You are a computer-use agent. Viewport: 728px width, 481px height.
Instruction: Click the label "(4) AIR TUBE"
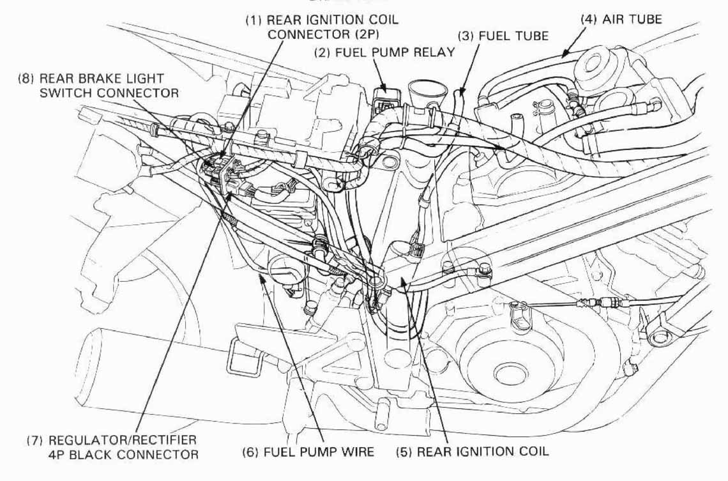click(x=621, y=19)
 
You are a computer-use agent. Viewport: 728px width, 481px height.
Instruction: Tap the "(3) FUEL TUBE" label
click(x=504, y=36)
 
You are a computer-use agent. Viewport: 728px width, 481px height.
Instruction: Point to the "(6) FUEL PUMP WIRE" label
click(x=308, y=452)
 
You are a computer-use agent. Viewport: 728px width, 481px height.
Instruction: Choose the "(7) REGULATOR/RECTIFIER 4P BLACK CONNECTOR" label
click(x=111, y=448)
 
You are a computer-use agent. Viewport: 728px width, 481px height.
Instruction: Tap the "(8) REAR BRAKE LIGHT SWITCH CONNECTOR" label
click(x=99, y=86)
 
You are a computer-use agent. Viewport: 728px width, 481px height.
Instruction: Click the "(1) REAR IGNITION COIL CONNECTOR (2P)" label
click(x=322, y=27)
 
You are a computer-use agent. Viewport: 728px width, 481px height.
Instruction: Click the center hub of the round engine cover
click(x=509, y=372)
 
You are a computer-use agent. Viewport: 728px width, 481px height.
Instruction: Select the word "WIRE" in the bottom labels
click(x=358, y=452)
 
